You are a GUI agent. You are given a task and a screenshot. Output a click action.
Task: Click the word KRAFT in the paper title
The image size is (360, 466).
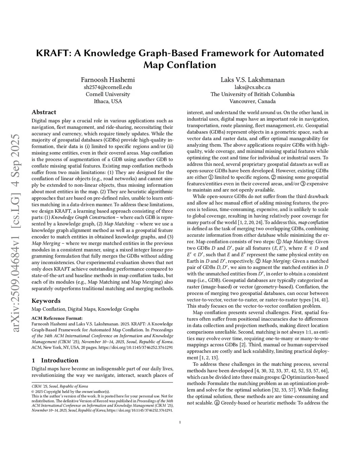click(x=51, y=53)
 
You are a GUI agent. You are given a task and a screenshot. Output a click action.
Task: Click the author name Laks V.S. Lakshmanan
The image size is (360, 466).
click(x=252, y=80)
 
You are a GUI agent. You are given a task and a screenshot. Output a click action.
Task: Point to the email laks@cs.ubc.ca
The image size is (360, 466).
click(x=252, y=87)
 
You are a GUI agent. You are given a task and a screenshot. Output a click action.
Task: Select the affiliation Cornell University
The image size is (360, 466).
click(x=108, y=94)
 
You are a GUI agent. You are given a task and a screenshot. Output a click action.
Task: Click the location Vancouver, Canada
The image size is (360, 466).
click(x=252, y=101)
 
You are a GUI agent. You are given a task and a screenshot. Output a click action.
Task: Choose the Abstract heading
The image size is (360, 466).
click(x=44, y=112)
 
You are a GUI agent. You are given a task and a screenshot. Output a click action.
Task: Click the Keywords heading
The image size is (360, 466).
click(x=46, y=301)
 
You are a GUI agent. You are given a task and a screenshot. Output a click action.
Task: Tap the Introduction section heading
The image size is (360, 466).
click(x=59, y=360)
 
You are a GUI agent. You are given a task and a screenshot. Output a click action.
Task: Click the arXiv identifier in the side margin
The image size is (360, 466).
click(x=16, y=232)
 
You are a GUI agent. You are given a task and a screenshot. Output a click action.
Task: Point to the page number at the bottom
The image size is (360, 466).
click(x=180, y=422)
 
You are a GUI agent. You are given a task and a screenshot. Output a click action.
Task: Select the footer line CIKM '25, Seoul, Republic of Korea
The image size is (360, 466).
click(x=60, y=386)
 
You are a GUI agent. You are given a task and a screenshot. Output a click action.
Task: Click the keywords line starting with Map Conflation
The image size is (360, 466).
click(x=85, y=309)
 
